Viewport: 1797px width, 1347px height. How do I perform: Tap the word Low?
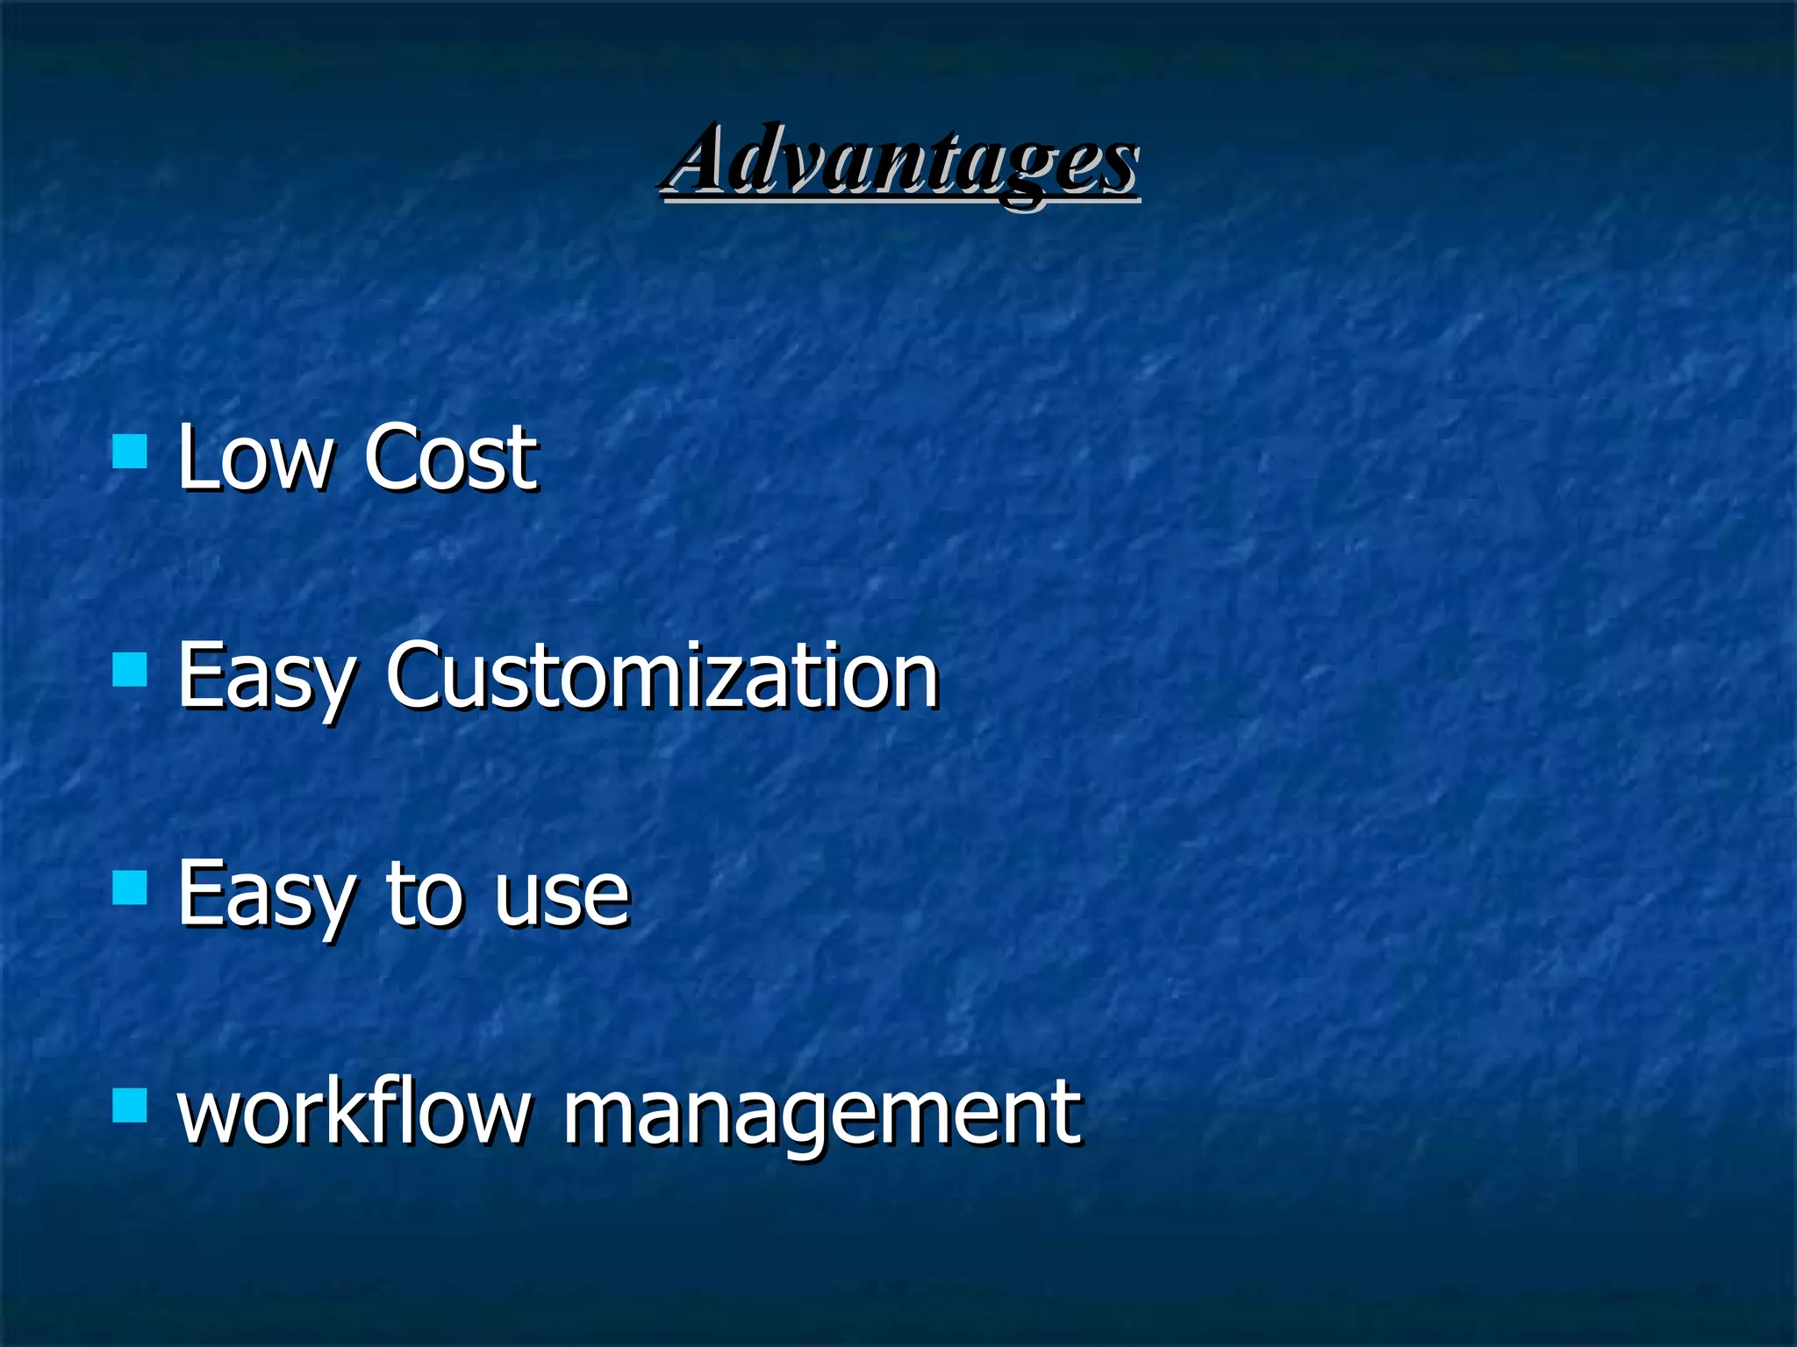pyautogui.click(x=255, y=457)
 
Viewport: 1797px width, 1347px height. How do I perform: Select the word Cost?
pyautogui.click(x=450, y=457)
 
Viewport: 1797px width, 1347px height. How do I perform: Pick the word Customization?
pyautogui.click(x=662, y=675)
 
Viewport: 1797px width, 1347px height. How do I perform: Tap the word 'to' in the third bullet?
pyautogui.click(x=424, y=894)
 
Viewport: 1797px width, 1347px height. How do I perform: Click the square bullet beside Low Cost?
pyautogui.click(x=130, y=453)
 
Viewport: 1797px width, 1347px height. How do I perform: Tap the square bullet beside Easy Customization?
pyautogui.click(x=130, y=671)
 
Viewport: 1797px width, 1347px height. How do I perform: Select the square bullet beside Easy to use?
pyautogui.click(x=130, y=887)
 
